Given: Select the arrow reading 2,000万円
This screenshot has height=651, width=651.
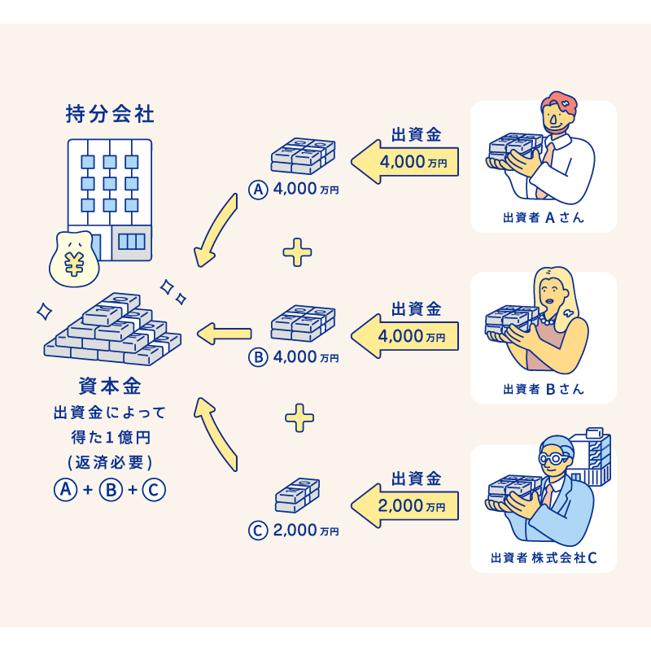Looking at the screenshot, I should point(404,505).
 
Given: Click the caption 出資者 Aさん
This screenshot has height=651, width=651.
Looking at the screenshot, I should point(543,217).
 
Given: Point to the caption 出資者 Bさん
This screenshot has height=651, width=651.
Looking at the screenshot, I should point(543,388).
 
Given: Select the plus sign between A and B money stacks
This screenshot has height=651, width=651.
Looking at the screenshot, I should point(298,253).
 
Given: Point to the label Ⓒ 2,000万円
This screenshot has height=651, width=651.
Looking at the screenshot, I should point(294,531).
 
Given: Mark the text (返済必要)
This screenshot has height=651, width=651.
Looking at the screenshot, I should point(110,462).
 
